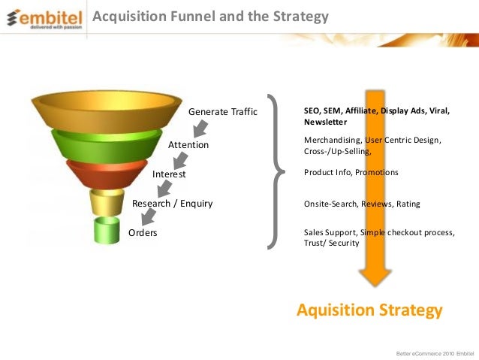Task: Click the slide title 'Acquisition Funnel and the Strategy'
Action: (x=210, y=16)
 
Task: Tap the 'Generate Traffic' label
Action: (x=222, y=113)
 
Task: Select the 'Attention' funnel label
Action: (x=188, y=144)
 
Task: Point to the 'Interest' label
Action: (x=169, y=174)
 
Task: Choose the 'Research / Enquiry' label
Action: (x=172, y=203)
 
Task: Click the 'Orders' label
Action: (x=143, y=233)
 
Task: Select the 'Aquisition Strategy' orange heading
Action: (x=369, y=310)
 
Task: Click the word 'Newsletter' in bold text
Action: (x=325, y=122)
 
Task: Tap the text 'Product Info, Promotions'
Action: (x=351, y=173)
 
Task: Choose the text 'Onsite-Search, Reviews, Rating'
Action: (x=362, y=204)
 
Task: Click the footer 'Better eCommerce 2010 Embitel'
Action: (x=433, y=352)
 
